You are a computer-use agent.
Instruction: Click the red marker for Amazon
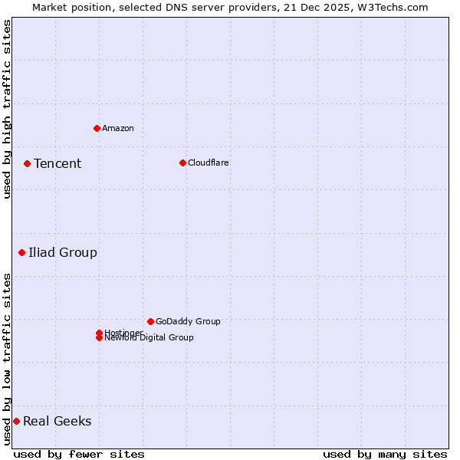[x=97, y=128]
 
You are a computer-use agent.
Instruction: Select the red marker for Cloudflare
[x=182, y=163]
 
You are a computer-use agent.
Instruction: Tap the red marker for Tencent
[x=27, y=163]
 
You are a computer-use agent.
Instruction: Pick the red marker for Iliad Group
[x=21, y=252]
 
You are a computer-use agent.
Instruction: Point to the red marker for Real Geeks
[x=16, y=421]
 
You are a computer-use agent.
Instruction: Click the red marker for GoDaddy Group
[x=150, y=321]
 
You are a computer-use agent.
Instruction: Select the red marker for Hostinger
[x=99, y=333]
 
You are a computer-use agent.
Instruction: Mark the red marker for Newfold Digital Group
[x=99, y=338]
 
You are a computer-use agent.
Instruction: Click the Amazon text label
[x=118, y=128]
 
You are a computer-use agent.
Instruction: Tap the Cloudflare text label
[x=209, y=163]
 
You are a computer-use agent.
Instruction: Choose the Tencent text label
[x=58, y=163]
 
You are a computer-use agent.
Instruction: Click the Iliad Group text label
[x=63, y=252]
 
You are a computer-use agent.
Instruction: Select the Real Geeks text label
[x=58, y=421]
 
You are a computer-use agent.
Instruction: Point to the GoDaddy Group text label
[x=188, y=321]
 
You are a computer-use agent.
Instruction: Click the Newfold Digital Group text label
[x=149, y=338]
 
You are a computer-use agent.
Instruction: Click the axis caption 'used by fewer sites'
[x=79, y=454]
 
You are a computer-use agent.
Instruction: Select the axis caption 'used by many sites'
[x=385, y=454]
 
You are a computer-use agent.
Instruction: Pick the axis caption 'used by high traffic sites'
[x=7, y=109]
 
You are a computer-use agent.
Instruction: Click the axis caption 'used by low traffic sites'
[x=7, y=359]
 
